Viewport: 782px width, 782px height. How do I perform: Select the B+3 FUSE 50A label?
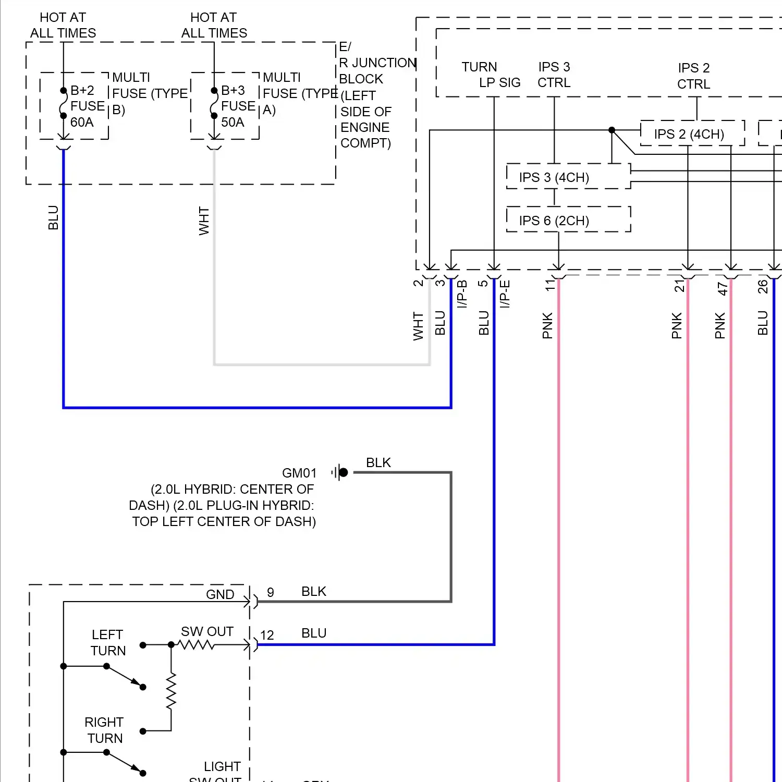(237, 106)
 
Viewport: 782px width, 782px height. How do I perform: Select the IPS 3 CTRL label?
(554, 75)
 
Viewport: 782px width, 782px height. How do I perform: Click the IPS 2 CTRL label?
(693, 76)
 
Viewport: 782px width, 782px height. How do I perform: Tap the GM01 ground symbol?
(340, 472)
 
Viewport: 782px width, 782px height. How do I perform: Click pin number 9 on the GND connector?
(270, 592)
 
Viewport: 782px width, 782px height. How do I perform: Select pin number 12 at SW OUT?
(267, 635)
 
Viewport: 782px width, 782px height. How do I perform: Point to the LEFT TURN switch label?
(108, 642)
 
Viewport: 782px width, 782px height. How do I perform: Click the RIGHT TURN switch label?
(104, 730)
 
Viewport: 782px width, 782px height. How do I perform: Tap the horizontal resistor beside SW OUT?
(196, 645)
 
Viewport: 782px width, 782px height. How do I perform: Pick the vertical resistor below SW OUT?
(171, 691)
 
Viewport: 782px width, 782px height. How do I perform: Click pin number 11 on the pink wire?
(549, 285)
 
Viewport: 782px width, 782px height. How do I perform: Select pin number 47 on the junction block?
(722, 288)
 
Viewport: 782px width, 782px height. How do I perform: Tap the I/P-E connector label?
(505, 294)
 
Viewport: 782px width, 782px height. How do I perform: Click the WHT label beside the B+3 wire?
(204, 221)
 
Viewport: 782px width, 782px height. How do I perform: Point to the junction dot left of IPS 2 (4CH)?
(612, 130)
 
